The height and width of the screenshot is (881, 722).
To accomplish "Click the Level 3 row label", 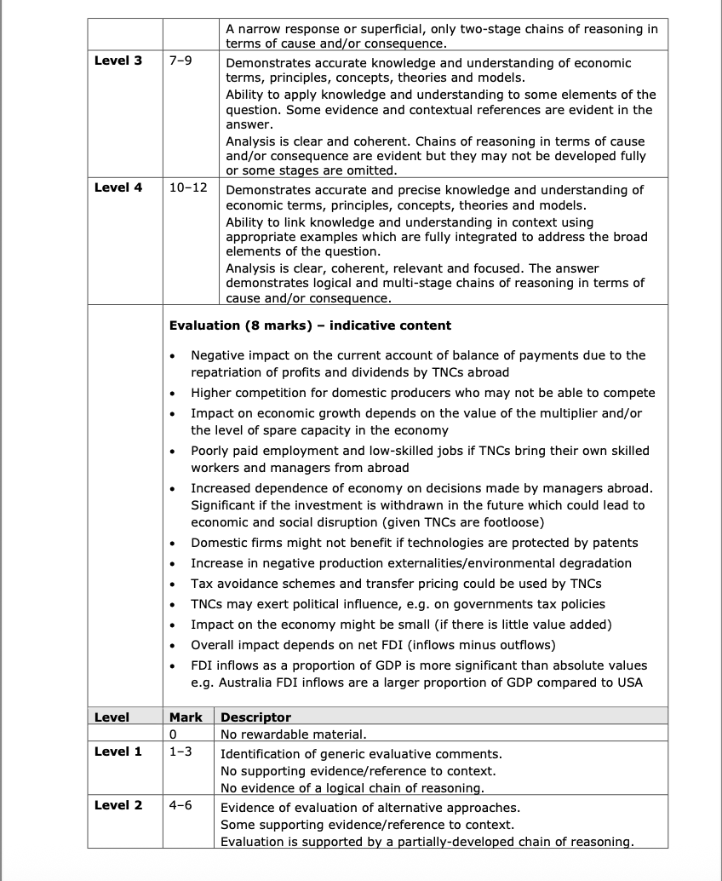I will click(x=118, y=61).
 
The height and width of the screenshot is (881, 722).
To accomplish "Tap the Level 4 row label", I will click(x=118, y=187).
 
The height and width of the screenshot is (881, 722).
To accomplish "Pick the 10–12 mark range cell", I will click(x=188, y=187).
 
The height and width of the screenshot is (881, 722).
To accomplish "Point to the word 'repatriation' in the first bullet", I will click(x=226, y=371).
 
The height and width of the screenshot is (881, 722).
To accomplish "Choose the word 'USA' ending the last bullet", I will click(x=629, y=682).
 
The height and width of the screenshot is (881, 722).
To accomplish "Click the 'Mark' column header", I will click(x=186, y=717).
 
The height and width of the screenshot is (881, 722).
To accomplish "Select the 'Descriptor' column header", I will click(x=255, y=717).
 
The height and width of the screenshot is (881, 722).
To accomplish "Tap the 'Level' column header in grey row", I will click(x=112, y=717).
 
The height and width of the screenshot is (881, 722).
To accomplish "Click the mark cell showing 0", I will click(x=173, y=734).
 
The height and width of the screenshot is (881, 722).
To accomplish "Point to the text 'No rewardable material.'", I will click(x=293, y=734).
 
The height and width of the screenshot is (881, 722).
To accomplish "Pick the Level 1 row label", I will click(x=118, y=751).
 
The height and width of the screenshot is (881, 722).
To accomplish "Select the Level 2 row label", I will click(x=118, y=805).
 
